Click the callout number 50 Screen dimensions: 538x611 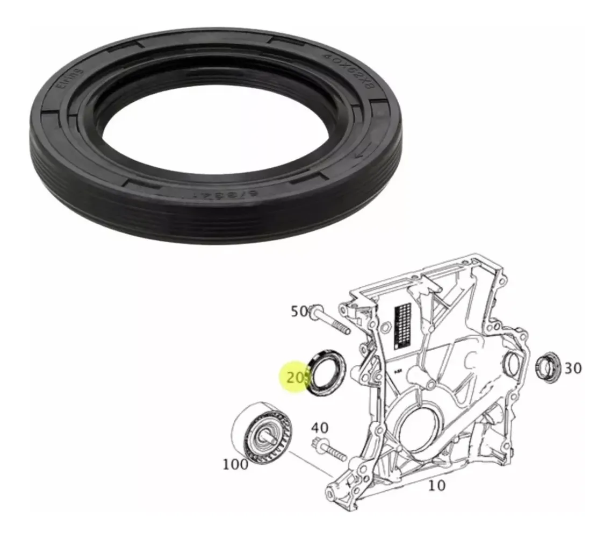click(300, 312)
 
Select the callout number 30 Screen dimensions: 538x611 click(573, 368)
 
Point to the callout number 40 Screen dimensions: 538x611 click(320, 428)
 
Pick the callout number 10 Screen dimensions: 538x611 click(437, 485)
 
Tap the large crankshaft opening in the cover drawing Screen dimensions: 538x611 click(416, 430)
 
